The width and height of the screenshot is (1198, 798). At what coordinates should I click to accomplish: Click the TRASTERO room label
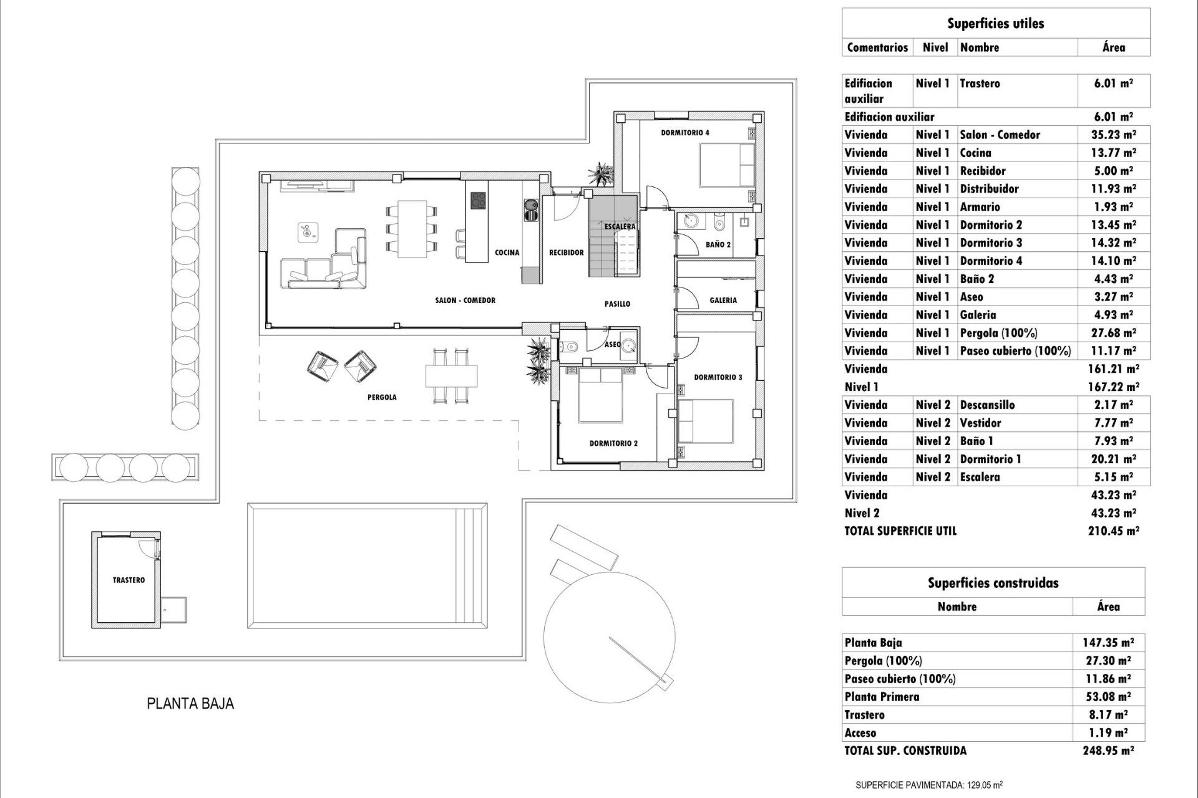pyautogui.click(x=129, y=580)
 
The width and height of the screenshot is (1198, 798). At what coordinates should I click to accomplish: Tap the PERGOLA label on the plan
pyautogui.click(x=382, y=397)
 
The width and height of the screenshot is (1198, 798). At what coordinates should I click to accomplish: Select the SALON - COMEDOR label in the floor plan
pyautogui.click(x=465, y=300)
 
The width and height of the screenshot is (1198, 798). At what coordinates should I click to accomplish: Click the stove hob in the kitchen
pyautogui.click(x=478, y=200)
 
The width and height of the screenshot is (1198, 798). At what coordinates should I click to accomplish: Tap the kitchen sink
pyautogui.click(x=531, y=210)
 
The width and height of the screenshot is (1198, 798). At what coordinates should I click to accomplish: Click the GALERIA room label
pyautogui.click(x=723, y=300)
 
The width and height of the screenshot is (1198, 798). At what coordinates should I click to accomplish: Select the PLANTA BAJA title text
pyautogui.click(x=190, y=704)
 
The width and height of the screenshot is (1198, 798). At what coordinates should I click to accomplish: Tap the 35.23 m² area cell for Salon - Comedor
pyautogui.click(x=1114, y=135)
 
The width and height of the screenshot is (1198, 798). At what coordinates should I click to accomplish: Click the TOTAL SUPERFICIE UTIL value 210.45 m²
pyautogui.click(x=1114, y=531)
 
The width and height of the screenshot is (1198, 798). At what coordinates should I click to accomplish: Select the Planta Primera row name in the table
pyautogui.click(x=882, y=697)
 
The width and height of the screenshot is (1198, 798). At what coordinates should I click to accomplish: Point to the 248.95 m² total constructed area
pyautogui.click(x=1108, y=751)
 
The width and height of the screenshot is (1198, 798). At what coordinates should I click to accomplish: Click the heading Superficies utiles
pyautogui.click(x=995, y=24)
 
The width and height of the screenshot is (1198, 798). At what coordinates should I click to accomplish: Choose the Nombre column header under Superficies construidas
pyautogui.click(x=957, y=607)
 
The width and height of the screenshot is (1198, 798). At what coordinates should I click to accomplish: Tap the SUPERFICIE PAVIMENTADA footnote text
pyautogui.click(x=929, y=786)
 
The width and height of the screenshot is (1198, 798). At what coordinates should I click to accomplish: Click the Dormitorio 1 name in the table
pyautogui.click(x=990, y=459)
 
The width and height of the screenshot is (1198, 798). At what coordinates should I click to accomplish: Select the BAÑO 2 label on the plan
pyautogui.click(x=718, y=245)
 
